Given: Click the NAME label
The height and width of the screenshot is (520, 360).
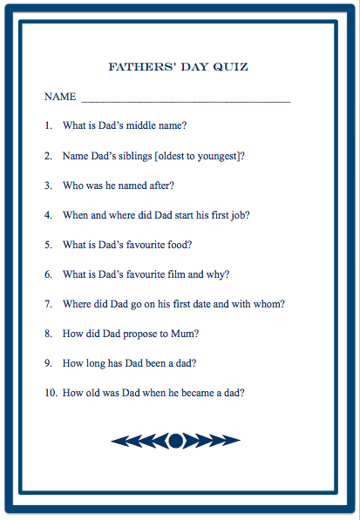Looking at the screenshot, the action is point(60,96).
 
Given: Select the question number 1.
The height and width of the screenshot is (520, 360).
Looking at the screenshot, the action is point(48,125).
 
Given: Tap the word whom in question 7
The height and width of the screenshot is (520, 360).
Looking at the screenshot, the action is point(270,304).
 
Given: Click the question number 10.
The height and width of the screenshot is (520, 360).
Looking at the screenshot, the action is point(51,393).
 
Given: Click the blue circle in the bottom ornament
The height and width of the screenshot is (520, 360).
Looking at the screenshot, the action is point(175,441).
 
